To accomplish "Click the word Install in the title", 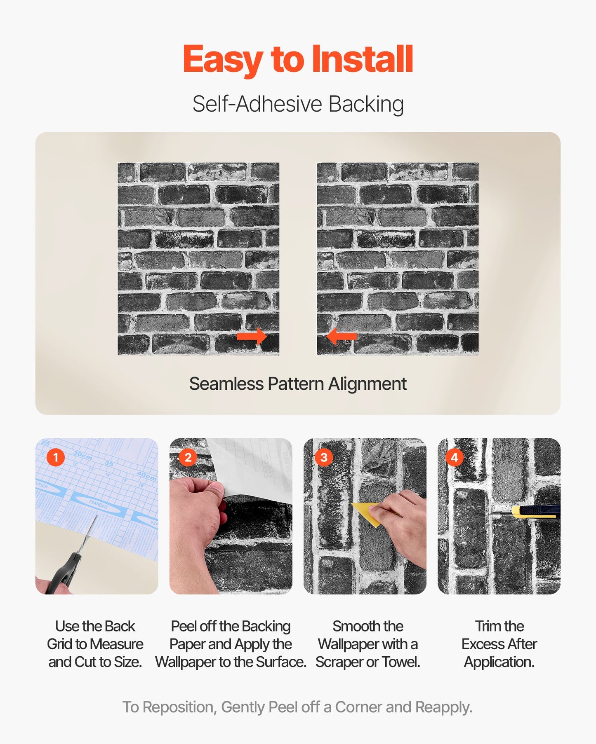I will pyautogui.click(x=362, y=59).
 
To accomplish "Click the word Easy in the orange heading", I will pyautogui.click(x=222, y=60).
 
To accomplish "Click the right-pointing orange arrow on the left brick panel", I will pyautogui.click(x=252, y=337).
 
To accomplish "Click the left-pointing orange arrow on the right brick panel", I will pyautogui.click(x=342, y=336).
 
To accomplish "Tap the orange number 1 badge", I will pyautogui.click(x=56, y=457).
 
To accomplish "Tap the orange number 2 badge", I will pyautogui.click(x=188, y=457).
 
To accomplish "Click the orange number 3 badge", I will pyautogui.click(x=323, y=457).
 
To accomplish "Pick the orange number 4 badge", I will pyautogui.click(x=455, y=457).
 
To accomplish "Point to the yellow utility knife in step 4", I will pyautogui.click(x=536, y=512).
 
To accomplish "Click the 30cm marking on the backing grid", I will pyautogui.click(x=82, y=456).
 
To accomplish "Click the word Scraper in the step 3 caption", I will pyautogui.click(x=339, y=662).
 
